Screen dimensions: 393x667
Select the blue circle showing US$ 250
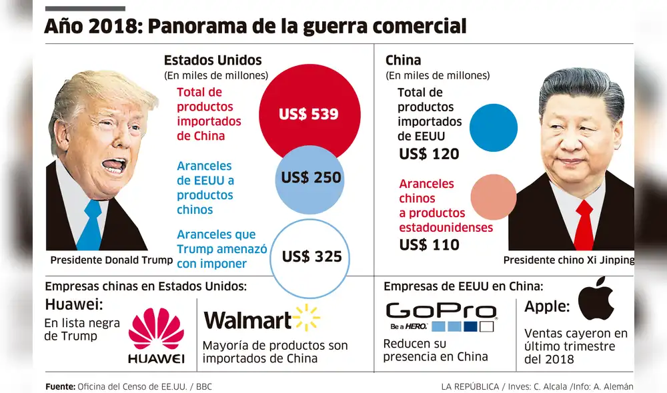point(310,178)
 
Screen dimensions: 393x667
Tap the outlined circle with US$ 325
point(311,256)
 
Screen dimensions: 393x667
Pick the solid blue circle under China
point(494,128)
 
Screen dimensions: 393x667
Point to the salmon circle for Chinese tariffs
point(494,197)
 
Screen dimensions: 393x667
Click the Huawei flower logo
point(156,329)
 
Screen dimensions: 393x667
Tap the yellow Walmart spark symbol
point(306,318)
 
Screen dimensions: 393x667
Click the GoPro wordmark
point(441,310)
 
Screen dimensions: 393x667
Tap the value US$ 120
point(429,155)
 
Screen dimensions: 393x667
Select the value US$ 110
point(429,244)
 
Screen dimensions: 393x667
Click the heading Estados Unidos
point(213,61)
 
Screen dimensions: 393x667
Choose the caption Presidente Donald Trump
point(111,260)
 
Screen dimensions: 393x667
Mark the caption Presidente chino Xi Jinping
point(568,260)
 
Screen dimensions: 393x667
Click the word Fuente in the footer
point(59,386)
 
